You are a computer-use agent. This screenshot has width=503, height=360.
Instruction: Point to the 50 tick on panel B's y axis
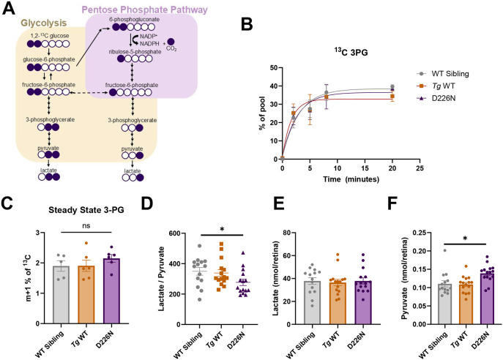click(272, 68)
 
